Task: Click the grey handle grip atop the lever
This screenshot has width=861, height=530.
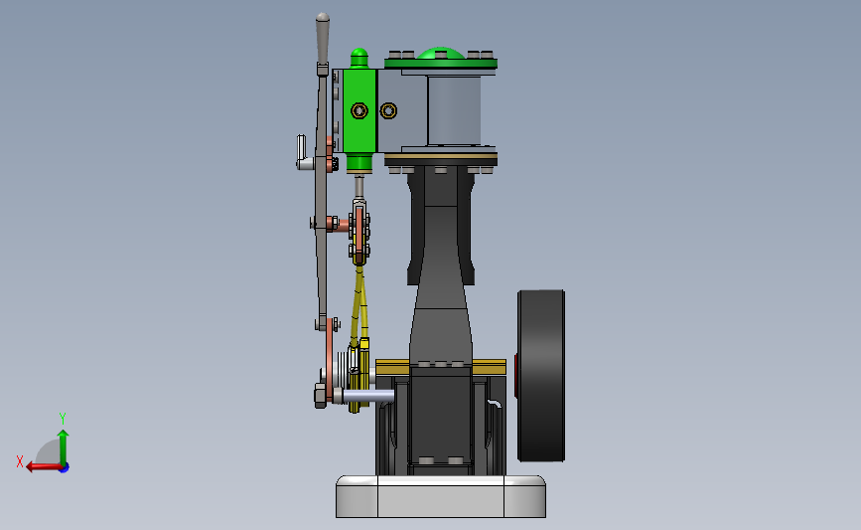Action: [323, 39]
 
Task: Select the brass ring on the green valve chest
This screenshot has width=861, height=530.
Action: [359, 110]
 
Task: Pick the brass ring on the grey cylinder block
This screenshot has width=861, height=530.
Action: [388, 110]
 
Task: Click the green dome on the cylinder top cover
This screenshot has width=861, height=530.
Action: [440, 53]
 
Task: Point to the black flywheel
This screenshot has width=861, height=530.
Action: [541, 376]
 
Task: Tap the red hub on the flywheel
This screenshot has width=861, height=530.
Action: [516, 376]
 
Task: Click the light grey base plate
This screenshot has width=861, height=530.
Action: [441, 496]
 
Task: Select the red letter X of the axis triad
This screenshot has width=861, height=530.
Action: [20, 461]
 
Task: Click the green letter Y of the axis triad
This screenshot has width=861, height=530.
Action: [62, 419]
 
